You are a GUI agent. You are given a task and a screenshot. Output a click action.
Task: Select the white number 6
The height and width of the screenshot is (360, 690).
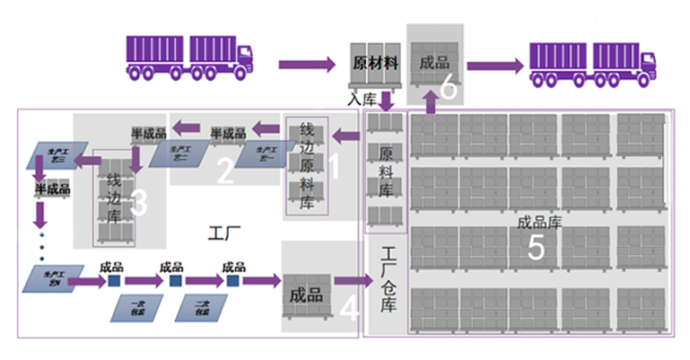(449, 88)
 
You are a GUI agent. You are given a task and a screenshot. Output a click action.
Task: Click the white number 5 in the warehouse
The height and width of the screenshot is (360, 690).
(535, 249)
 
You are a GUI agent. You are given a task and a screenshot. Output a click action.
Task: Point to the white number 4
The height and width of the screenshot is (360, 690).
(349, 308)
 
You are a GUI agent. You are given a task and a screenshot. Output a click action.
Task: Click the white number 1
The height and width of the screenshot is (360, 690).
(335, 166)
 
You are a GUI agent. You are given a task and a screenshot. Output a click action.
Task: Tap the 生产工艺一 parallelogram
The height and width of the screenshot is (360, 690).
(265, 152)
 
